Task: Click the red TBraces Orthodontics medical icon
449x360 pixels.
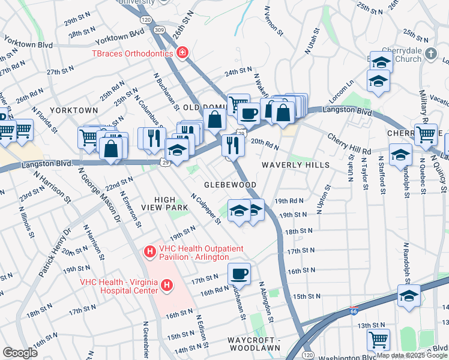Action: [182, 53]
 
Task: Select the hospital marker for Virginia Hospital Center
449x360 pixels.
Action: [167, 285]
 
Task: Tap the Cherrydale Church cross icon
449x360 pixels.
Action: [430, 55]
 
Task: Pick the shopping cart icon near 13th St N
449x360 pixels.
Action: [378, 340]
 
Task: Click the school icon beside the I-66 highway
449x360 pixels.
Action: [409, 297]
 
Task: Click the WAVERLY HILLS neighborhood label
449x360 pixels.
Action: [295, 165]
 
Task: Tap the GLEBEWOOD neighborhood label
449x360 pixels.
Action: [230, 185]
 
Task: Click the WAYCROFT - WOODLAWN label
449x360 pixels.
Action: [254, 344]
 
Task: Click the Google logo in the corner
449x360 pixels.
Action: [20, 353]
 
